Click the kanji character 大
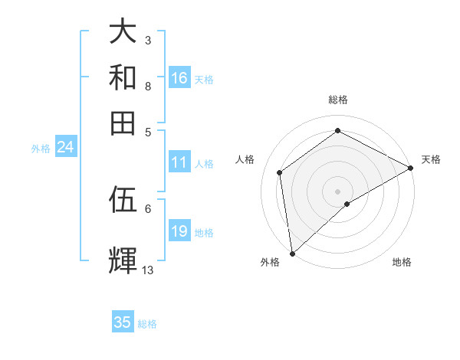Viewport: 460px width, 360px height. (x=123, y=31)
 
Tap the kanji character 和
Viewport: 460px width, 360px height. (x=123, y=77)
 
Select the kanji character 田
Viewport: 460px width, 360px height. (x=123, y=123)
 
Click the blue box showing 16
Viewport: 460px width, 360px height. (x=179, y=78)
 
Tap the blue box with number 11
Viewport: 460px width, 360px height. (x=179, y=162)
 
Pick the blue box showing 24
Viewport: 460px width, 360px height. (x=65, y=148)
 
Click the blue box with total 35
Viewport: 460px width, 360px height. (x=123, y=322)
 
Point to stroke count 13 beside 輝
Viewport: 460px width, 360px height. (x=148, y=270)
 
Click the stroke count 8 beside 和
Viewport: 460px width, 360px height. (x=147, y=86)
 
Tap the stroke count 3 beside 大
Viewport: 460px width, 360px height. (x=147, y=40)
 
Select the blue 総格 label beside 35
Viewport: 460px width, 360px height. (x=147, y=324)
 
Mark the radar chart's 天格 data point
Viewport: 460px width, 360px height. (x=411, y=169)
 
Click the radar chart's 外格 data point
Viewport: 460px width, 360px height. (x=292, y=254)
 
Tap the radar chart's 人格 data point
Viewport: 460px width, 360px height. (x=280, y=172)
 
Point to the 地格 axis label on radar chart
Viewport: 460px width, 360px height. (x=402, y=263)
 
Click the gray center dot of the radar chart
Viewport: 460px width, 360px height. (x=338, y=191)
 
